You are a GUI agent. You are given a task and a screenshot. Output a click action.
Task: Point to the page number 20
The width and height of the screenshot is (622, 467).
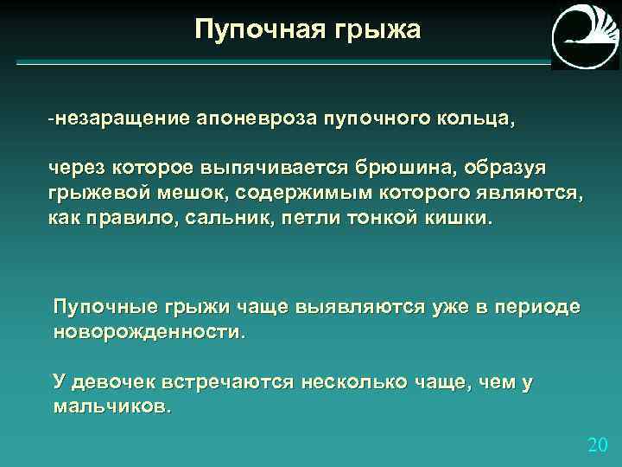click(x=597, y=445)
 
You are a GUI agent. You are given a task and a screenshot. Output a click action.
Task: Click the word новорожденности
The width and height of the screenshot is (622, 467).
click(x=149, y=332)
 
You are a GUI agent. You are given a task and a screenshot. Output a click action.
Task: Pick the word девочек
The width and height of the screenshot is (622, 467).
click(x=124, y=381)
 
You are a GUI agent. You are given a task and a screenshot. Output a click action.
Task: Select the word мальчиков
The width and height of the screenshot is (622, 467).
click(x=112, y=407)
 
